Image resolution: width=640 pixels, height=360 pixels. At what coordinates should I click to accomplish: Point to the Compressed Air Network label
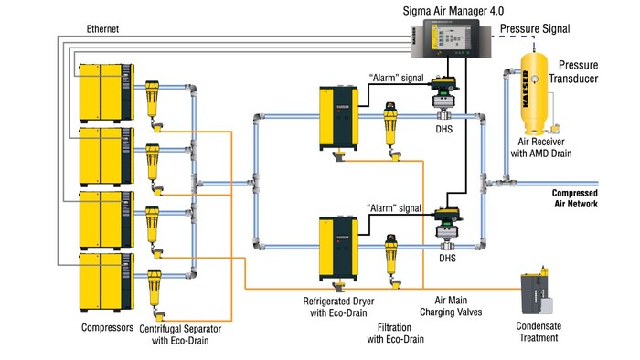574,198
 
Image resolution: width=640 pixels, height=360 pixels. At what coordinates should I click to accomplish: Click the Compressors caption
104,325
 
